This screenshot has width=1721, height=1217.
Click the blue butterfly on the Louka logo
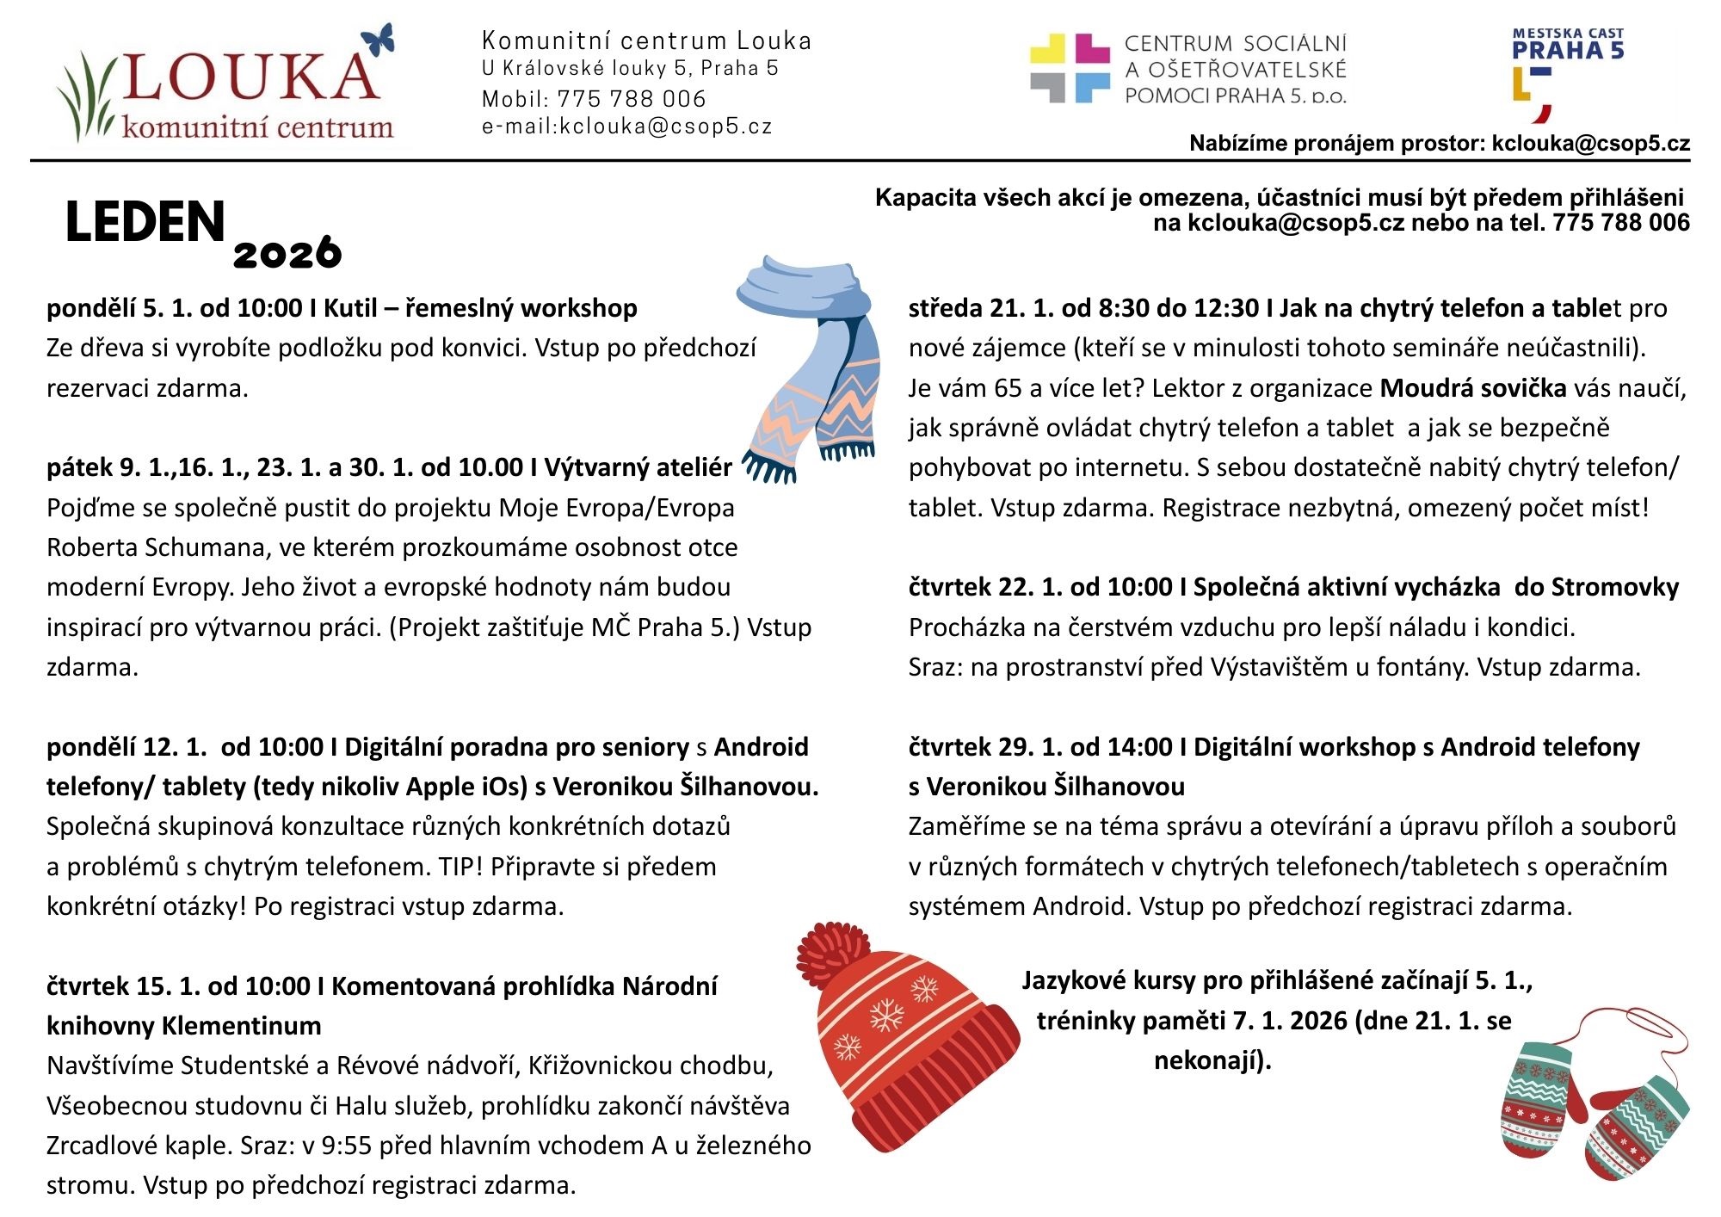379,40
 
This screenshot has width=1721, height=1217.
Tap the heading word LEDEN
145,222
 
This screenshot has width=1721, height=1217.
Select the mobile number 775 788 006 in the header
631,99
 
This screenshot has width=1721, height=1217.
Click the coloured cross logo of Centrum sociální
1070,69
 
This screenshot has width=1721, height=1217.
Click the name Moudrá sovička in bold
1472,388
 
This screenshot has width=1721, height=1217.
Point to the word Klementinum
241,1026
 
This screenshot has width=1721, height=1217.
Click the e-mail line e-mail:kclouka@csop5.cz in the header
626,127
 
